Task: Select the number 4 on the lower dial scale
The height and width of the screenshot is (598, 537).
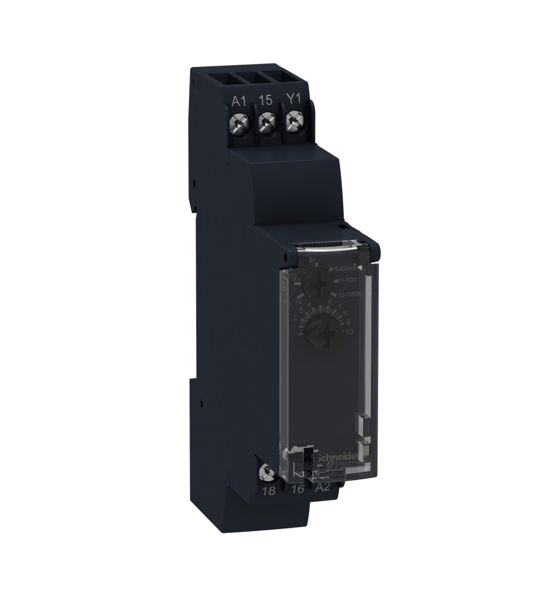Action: pyautogui.click(x=309, y=304)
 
